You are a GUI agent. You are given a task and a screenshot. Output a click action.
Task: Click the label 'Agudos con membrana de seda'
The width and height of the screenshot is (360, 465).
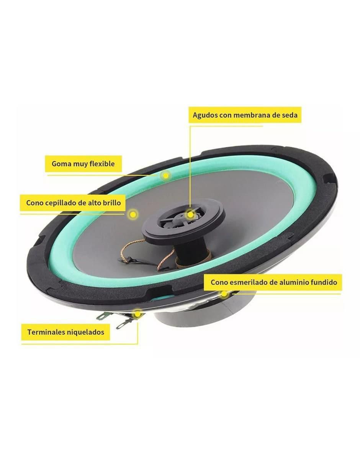click(245, 115)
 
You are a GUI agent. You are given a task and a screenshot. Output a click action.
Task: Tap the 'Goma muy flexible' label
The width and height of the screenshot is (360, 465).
click(83, 164)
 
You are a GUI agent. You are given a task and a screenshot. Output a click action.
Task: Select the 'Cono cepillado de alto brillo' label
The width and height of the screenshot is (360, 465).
click(74, 203)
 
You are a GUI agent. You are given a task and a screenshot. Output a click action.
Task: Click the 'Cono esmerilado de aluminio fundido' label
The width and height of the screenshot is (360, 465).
click(274, 282)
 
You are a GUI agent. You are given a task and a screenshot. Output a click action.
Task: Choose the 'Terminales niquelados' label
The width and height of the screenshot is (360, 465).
click(66, 332)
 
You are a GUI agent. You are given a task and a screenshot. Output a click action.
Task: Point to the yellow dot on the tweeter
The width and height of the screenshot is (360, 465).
click(190, 214)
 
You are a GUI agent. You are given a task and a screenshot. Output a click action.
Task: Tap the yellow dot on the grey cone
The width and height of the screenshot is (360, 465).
click(133, 214)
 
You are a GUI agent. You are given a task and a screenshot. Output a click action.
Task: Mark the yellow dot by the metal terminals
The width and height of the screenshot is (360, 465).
click(137, 314)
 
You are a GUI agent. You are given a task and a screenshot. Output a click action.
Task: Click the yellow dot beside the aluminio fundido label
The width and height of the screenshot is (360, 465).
click(224, 294)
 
